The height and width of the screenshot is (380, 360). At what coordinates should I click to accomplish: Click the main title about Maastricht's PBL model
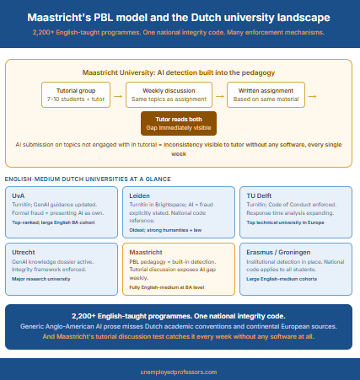(179, 18)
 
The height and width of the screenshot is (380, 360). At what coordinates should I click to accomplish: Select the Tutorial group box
(76, 95)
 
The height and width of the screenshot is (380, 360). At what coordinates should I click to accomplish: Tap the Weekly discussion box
(169, 95)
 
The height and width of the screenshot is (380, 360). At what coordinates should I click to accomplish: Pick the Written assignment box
(266, 95)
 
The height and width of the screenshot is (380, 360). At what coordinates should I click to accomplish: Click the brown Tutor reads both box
(179, 123)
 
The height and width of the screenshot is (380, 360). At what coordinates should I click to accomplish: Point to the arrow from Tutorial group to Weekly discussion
(118, 96)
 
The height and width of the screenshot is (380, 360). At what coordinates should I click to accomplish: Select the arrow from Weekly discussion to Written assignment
(220, 96)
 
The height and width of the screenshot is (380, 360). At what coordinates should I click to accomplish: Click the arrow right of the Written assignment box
(312, 96)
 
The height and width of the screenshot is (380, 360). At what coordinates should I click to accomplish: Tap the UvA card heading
(19, 195)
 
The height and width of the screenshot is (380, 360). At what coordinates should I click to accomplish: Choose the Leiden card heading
(139, 195)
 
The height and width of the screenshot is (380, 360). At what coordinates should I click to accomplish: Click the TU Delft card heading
(259, 195)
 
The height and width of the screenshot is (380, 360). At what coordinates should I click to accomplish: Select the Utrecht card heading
(24, 252)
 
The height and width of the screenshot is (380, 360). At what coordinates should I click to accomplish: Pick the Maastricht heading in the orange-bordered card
(146, 252)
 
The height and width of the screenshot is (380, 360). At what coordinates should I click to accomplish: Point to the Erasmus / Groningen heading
(278, 252)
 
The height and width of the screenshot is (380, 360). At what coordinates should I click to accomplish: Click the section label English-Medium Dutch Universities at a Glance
(88, 179)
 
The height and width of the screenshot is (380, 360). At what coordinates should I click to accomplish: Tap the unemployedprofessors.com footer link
(179, 372)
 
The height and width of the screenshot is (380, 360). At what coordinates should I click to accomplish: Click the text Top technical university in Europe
(285, 222)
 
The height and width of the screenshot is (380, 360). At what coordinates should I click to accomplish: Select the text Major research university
(41, 279)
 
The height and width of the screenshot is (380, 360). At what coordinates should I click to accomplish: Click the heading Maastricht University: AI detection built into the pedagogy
(179, 72)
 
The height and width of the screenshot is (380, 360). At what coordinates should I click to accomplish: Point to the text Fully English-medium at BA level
(167, 287)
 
